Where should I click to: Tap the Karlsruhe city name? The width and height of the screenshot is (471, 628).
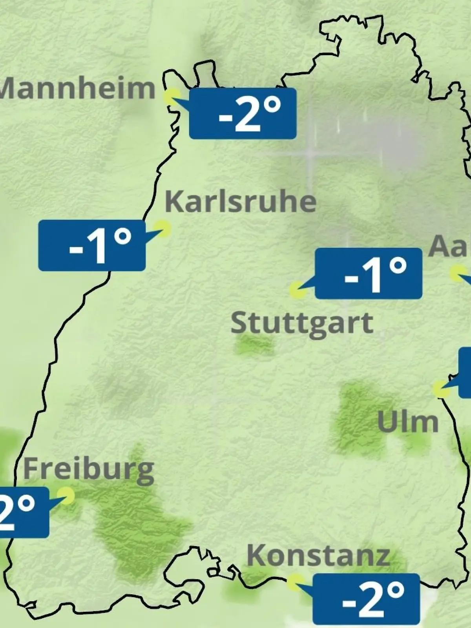(240, 202)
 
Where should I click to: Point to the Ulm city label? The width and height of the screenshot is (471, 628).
(407, 422)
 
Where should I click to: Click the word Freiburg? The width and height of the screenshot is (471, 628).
(89, 469)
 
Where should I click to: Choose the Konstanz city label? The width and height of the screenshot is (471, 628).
(318, 556)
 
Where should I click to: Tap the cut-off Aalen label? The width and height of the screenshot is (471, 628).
(450, 246)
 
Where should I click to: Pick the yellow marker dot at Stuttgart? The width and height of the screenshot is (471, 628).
(298, 290)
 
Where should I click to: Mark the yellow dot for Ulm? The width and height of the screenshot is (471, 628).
(441, 389)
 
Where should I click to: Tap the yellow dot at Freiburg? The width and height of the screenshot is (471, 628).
(66, 495)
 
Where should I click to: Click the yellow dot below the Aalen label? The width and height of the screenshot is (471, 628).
(458, 273)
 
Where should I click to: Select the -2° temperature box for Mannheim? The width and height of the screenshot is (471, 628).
(243, 113)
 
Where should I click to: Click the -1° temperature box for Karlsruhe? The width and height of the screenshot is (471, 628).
(92, 245)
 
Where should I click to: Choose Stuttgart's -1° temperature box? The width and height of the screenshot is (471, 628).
(369, 273)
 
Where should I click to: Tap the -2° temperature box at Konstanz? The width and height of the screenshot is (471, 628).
(366, 599)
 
